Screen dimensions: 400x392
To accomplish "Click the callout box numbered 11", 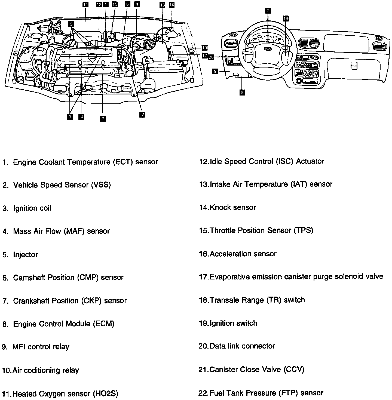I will tap(85, 4).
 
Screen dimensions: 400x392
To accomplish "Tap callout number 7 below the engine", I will tap(103, 118).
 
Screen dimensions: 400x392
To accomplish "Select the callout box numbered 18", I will tap(142, 115).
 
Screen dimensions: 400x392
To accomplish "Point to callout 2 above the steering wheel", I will tap(268, 11).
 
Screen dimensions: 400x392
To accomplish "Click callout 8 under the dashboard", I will tap(242, 93).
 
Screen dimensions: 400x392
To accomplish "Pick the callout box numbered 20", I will tap(212, 57).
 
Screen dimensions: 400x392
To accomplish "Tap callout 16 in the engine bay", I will tap(171, 5).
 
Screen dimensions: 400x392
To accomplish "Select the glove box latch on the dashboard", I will tap(354, 66).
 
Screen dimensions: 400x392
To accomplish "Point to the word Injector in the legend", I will tap(25, 255).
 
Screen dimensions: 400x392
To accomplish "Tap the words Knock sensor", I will tap(233, 207).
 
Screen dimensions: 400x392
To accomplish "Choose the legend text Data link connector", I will tap(242, 346).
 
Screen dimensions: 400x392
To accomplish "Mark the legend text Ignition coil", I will tap(32, 208).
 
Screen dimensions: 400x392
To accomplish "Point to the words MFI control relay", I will tap(41, 347).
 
